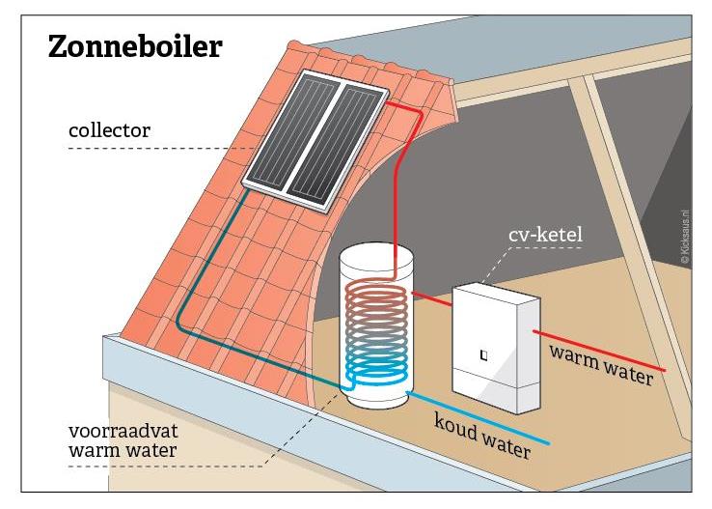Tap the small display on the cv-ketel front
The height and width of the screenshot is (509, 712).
[x=483, y=354]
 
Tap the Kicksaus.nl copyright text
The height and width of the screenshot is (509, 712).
[x=686, y=233]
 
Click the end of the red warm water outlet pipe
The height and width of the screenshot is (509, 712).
[x=664, y=370]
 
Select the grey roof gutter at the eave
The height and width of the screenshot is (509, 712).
[x=193, y=367]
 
